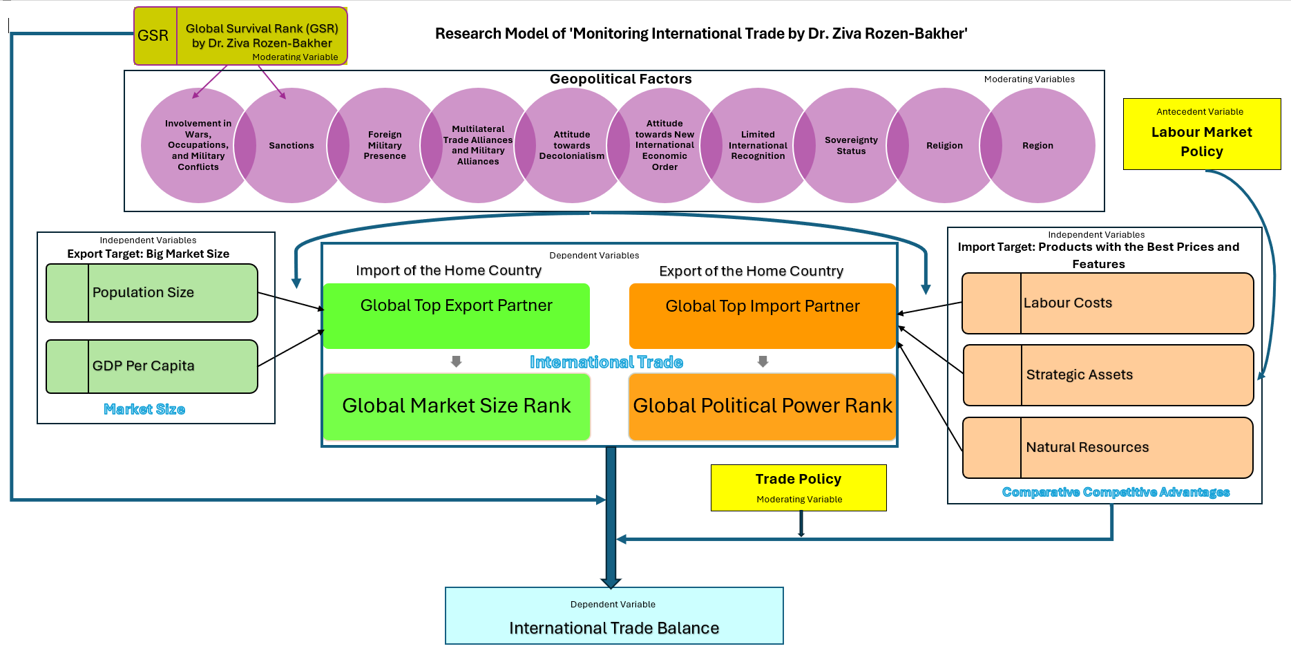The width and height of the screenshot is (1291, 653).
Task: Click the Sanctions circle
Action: [x=291, y=145]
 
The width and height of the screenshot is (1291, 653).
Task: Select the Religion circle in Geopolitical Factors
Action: [x=944, y=145]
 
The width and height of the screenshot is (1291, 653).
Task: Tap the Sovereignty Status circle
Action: [x=851, y=145]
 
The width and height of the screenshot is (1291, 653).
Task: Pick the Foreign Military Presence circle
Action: [x=385, y=145]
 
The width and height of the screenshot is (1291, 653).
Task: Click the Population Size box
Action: [x=152, y=293]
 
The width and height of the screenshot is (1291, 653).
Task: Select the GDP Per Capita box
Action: [x=152, y=366]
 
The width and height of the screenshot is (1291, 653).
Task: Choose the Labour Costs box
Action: [x=1108, y=303]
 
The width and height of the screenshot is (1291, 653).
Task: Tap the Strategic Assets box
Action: [x=1108, y=375]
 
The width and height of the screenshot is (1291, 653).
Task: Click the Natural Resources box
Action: [x=1108, y=448]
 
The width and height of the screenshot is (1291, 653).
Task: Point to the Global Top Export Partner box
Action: [x=457, y=316]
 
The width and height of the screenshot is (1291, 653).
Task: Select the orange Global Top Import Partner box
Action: [x=763, y=316]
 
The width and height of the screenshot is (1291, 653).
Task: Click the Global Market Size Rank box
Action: [x=457, y=406]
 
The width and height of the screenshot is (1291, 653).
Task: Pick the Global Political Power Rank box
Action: [x=763, y=406]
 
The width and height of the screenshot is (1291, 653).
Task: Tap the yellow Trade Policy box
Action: [x=798, y=488]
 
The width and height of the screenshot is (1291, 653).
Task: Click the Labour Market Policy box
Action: [x=1202, y=134]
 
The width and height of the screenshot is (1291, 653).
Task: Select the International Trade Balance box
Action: [x=614, y=616]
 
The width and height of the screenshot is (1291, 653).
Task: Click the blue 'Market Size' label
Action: [x=144, y=409]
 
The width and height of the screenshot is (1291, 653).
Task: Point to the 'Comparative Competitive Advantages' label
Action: [x=1116, y=492]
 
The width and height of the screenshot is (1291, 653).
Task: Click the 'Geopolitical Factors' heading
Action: [x=620, y=79]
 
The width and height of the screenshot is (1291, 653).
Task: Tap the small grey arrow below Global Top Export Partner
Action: [x=456, y=361]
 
